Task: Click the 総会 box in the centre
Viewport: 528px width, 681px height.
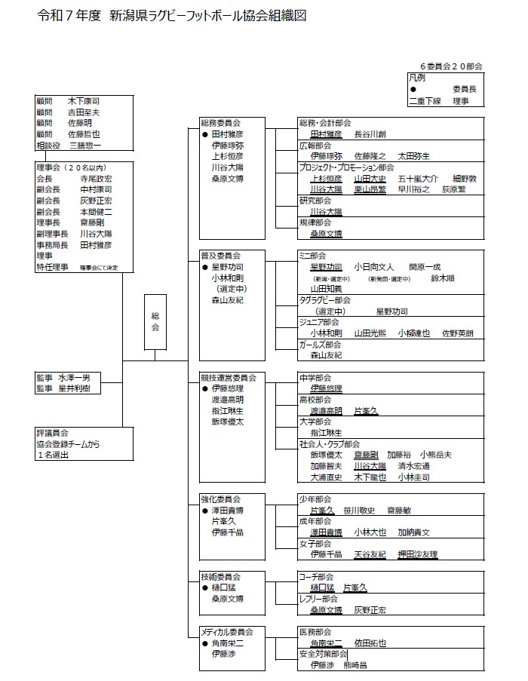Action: (x=155, y=323)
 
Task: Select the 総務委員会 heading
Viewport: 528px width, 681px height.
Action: (x=220, y=122)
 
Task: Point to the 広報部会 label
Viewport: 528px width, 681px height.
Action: (x=315, y=145)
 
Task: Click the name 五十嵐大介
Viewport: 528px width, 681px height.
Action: (x=418, y=179)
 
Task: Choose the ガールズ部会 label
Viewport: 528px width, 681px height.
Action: (x=320, y=344)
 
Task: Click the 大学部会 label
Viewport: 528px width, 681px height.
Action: (x=315, y=422)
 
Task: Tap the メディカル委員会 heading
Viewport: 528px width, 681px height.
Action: (x=227, y=631)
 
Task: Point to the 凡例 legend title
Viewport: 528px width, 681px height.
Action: (x=417, y=78)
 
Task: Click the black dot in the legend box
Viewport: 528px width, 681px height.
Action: (x=413, y=89)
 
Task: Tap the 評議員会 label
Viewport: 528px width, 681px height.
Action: (x=52, y=433)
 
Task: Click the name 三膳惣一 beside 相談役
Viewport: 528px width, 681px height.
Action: (x=85, y=145)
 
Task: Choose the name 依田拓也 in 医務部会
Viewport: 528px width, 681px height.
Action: (x=370, y=643)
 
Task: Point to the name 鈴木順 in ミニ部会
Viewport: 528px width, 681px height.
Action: (x=442, y=278)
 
